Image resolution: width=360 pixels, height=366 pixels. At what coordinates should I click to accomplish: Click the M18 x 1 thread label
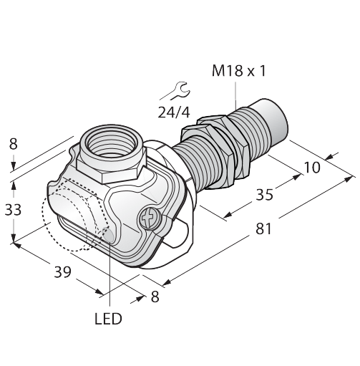coord(239,71)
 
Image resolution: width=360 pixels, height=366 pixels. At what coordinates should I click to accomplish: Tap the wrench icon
coord(176,91)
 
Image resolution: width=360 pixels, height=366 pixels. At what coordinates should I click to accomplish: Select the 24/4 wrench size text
coord(174,112)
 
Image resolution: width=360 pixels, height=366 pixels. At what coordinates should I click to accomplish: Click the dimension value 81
coord(263,228)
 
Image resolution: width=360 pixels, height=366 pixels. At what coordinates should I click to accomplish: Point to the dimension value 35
coord(264,195)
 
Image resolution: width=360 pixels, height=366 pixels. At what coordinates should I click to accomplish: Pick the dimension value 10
coord(312,168)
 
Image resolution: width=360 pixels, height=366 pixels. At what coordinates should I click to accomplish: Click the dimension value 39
coord(63,272)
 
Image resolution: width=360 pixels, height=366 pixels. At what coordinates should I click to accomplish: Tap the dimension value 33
coord(14,210)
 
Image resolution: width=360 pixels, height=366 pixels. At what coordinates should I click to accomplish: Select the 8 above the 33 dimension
coord(14,144)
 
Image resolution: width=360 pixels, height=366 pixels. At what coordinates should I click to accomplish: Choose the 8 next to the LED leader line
coord(155,297)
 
